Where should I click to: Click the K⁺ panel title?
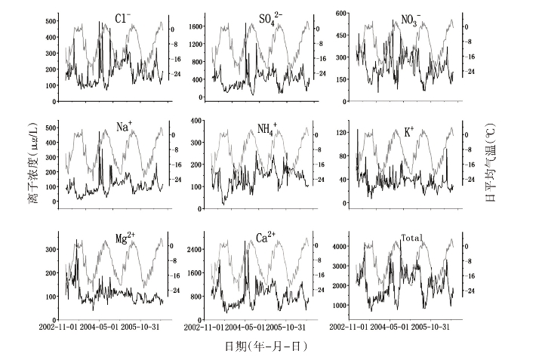[409, 131]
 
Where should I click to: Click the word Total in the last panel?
[411, 238]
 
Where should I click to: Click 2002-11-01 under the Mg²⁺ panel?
[56, 328]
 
